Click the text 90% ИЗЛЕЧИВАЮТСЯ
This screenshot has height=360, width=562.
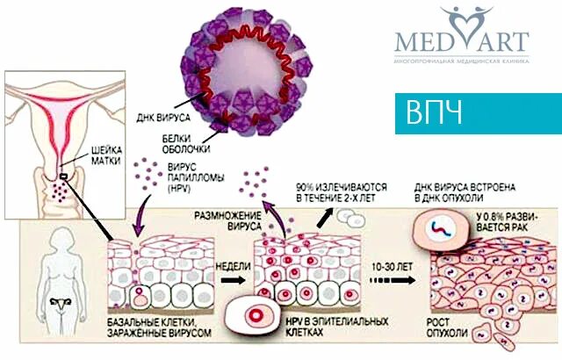336,192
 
